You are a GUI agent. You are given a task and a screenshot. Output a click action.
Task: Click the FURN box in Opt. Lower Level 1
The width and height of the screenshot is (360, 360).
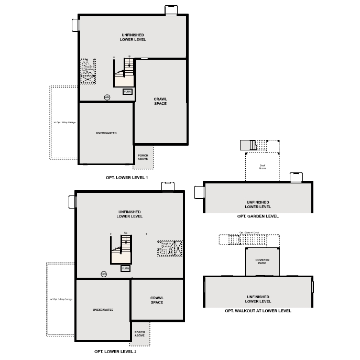127,91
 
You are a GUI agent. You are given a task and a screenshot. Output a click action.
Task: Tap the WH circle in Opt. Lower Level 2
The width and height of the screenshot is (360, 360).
104,274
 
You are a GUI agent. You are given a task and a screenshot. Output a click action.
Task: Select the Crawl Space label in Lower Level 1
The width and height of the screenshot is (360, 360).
160,101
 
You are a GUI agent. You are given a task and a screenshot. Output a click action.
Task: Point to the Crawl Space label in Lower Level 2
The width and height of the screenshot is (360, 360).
157,300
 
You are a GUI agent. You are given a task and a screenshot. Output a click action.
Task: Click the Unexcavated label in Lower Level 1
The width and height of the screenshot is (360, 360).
106,133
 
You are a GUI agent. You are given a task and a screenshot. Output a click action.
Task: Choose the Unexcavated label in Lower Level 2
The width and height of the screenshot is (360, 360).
103,310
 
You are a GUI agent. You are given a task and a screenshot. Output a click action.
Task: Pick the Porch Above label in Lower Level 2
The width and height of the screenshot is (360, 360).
139,334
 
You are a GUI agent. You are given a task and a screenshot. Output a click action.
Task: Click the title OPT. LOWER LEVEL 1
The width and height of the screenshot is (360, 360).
127,178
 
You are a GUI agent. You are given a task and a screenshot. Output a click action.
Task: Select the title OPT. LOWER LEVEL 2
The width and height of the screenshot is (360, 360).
115,352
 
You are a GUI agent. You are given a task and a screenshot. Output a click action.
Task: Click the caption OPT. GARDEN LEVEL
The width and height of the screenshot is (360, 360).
258,216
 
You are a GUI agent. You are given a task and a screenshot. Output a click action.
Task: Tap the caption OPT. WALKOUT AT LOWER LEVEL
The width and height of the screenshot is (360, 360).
258,311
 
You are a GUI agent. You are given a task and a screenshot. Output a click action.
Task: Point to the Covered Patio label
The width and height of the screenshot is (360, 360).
263,261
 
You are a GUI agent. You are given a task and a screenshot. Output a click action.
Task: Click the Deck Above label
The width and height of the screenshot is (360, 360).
263,167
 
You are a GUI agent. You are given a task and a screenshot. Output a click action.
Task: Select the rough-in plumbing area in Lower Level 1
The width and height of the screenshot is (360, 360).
88,71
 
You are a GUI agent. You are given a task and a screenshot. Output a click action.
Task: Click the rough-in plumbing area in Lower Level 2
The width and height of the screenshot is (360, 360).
170,247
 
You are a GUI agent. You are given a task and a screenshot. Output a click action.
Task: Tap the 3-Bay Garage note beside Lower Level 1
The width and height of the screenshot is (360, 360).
64,123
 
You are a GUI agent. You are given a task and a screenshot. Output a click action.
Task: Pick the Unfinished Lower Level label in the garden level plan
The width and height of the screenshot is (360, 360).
258,204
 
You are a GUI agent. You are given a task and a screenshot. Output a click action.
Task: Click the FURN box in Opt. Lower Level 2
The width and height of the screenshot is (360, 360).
125,268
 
